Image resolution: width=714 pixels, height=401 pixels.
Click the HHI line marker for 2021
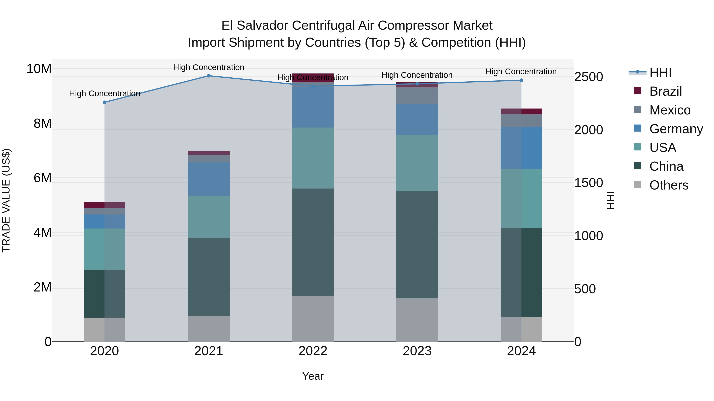pyautogui.click(x=209, y=76)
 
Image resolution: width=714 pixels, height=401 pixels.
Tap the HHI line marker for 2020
pyautogui.click(x=105, y=102)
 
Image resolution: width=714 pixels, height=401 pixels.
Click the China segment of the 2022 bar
pyautogui.click(x=313, y=242)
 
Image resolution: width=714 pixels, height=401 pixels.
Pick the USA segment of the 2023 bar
pyautogui.click(x=417, y=163)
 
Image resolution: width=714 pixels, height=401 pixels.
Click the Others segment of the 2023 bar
pyautogui.click(x=417, y=320)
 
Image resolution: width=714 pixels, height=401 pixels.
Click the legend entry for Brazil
pyautogui.click(x=665, y=91)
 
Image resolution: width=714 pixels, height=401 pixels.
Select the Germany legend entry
pyautogui.click(x=676, y=129)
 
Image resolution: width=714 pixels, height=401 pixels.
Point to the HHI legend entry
pyautogui.click(x=660, y=72)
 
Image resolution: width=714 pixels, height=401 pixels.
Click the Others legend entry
pyautogui.click(x=669, y=185)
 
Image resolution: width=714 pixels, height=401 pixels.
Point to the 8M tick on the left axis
pyautogui.click(x=42, y=123)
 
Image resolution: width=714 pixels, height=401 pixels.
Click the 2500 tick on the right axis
pyautogui.click(x=588, y=77)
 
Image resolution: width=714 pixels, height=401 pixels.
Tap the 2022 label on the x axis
pyautogui.click(x=313, y=351)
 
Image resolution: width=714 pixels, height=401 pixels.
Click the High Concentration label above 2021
pyautogui.click(x=209, y=67)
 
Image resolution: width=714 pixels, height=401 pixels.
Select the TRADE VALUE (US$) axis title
pyautogui.click(x=6, y=200)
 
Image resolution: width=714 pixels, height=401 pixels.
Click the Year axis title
pyautogui.click(x=313, y=376)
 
